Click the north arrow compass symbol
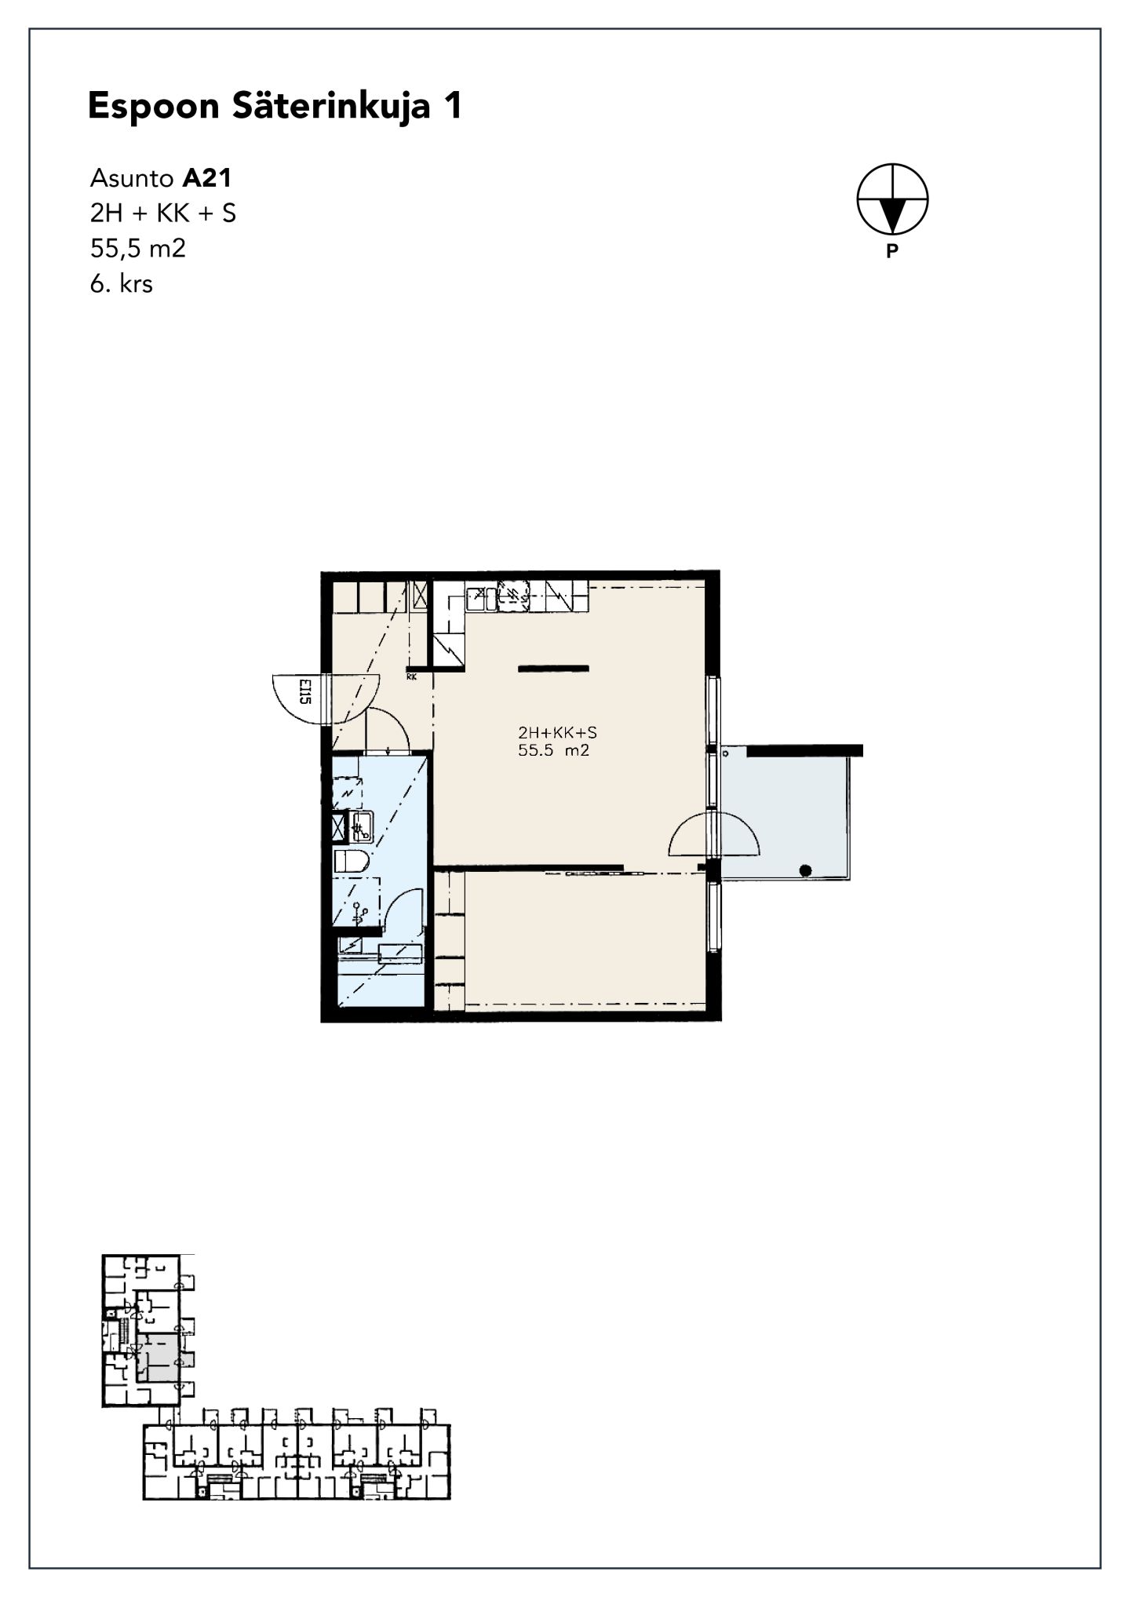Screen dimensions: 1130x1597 point(892,199)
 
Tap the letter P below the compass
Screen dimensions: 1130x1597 point(891,252)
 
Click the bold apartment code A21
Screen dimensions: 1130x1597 point(207,178)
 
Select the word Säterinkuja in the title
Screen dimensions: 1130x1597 point(331,106)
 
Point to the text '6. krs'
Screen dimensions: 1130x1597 point(122,283)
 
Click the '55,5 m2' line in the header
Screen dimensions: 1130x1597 point(138,249)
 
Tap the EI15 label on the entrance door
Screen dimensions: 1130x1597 point(305,691)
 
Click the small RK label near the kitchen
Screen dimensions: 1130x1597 point(411,676)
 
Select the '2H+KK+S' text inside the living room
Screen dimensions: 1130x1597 point(557,733)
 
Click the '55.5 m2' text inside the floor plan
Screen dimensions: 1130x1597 point(554,751)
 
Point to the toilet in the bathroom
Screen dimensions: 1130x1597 point(352,861)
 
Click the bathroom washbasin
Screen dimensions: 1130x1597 point(362,826)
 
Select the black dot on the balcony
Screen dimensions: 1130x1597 point(805,870)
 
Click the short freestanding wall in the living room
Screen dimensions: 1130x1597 point(553,669)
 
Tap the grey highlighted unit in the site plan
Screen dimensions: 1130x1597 point(159,1357)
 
